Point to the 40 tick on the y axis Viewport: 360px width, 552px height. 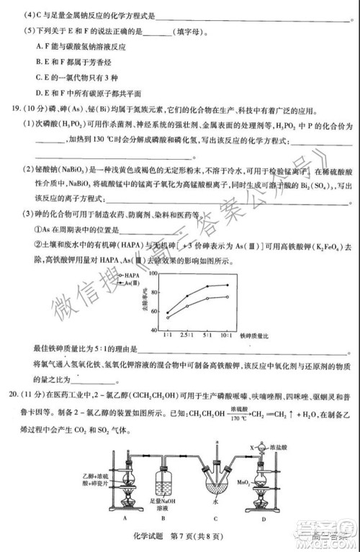(154, 328)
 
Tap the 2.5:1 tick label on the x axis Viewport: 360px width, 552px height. (189, 335)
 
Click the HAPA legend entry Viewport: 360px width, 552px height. (131, 276)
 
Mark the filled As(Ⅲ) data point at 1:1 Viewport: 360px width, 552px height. (168, 313)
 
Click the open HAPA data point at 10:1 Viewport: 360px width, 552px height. (228, 297)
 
